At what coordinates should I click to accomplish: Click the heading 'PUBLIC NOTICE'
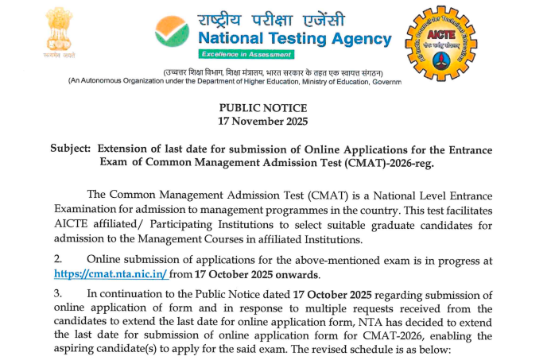click(262, 108)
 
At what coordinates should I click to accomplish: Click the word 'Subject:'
click(71, 149)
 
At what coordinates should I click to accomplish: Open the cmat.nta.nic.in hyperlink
click(111, 275)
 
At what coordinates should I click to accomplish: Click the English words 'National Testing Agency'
click(294, 38)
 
